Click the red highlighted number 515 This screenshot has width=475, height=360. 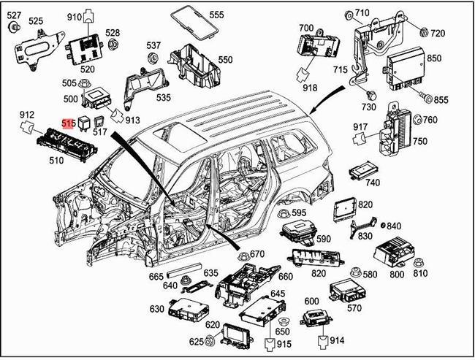[69, 124]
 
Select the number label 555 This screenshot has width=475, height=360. [217, 15]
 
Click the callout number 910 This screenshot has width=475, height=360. [75, 17]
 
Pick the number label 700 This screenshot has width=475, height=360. [305, 27]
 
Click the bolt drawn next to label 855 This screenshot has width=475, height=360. [423, 98]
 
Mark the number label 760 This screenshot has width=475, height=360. [430, 120]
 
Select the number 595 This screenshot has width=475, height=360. [299, 212]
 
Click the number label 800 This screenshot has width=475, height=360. [396, 274]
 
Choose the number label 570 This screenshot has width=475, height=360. [354, 307]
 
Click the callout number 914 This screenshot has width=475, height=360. [336, 340]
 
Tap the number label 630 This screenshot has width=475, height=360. [157, 309]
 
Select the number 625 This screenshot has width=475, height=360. [196, 342]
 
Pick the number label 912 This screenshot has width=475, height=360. [27, 115]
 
